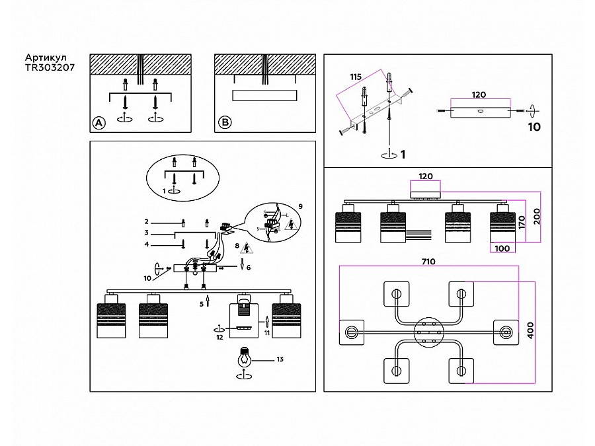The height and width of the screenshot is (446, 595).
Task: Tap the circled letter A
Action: coord(99,123)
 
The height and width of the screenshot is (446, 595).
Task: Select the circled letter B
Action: coord(225,123)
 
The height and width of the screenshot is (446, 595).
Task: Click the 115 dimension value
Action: coord(356,77)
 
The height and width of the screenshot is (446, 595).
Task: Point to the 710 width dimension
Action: coord(428,262)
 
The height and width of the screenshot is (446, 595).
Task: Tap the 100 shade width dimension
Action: coord(502,248)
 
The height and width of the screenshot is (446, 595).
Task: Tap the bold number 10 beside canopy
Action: coord(534,128)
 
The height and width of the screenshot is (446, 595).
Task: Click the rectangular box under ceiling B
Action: coord(264,95)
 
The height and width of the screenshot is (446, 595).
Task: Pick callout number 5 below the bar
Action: coord(202,304)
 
